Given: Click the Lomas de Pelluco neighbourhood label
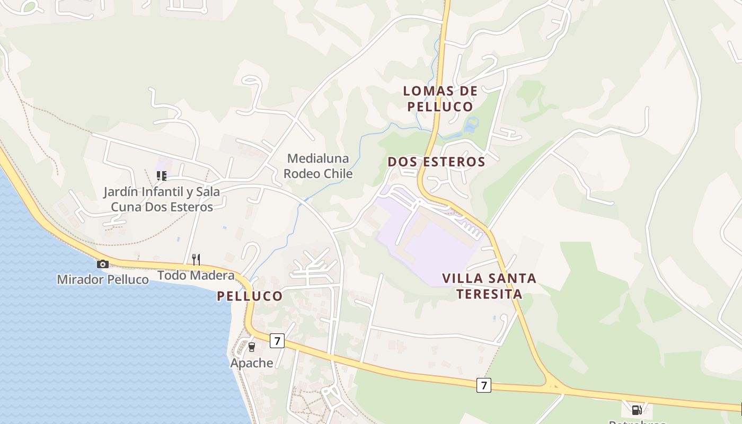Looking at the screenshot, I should coord(439,99).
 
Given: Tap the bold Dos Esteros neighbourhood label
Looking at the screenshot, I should coord(436,162).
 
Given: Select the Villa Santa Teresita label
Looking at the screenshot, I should coord(489,286).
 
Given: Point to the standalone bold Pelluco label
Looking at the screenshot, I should coord(250,296).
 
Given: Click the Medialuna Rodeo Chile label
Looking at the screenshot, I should coord(318,166).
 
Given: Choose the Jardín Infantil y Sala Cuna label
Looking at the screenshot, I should coord(162,199).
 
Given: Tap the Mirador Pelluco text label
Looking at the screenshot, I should coord(103,279).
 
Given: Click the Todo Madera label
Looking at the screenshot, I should coord(196,276).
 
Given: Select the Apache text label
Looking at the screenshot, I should coord(252,363).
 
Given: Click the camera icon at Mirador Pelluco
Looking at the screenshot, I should coord(102,264).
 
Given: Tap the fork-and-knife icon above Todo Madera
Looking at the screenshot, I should coord(196,259).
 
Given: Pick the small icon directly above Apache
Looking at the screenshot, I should coord(252,347).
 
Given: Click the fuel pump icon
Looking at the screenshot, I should coord(637,410).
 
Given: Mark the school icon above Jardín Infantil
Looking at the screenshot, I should coord(161,175).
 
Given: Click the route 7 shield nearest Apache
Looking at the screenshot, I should coord(277,341).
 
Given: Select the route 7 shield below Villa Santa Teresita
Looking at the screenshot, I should coord(483,385).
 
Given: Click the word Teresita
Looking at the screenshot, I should coord(489,294).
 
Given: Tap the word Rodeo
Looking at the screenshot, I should coord(302,173).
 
